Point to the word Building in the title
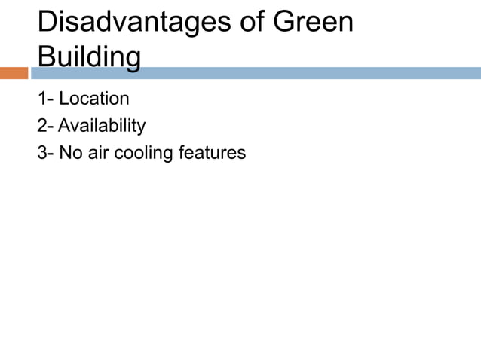[x=89, y=57]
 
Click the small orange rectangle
[x=14, y=73]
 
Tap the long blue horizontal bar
[x=256, y=73]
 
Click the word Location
[x=94, y=99]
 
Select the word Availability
[x=102, y=126]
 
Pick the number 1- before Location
[x=46, y=99]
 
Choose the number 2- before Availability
[x=46, y=126]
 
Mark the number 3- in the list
[x=46, y=153]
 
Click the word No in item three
[x=70, y=153]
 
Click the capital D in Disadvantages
[x=47, y=22]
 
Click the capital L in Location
[x=63, y=99]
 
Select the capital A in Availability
[x=64, y=126]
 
